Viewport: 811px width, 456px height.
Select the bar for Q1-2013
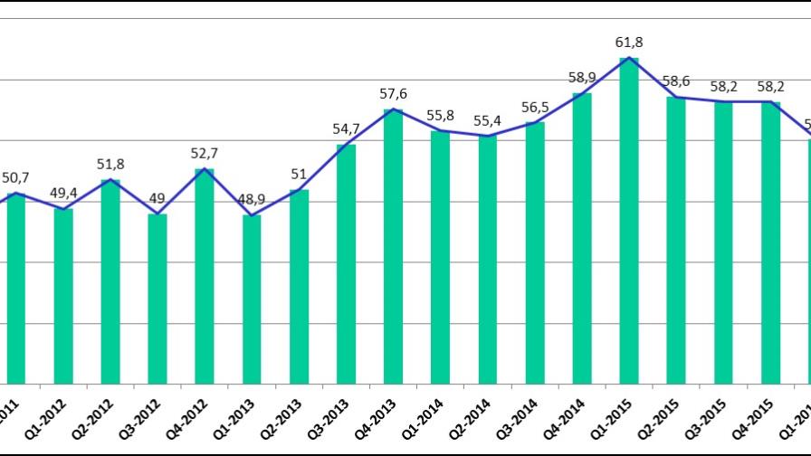point(252,299)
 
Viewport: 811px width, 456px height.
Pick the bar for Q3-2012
point(157,299)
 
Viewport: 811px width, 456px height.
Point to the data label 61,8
point(629,43)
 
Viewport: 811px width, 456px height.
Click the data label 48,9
point(252,198)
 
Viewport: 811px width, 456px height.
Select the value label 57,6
point(393,93)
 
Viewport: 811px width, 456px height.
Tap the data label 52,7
point(205,152)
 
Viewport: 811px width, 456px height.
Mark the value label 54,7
point(346,128)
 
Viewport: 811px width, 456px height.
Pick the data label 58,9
point(582,77)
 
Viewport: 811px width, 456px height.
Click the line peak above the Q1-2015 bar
point(629,59)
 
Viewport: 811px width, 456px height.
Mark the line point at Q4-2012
point(205,169)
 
